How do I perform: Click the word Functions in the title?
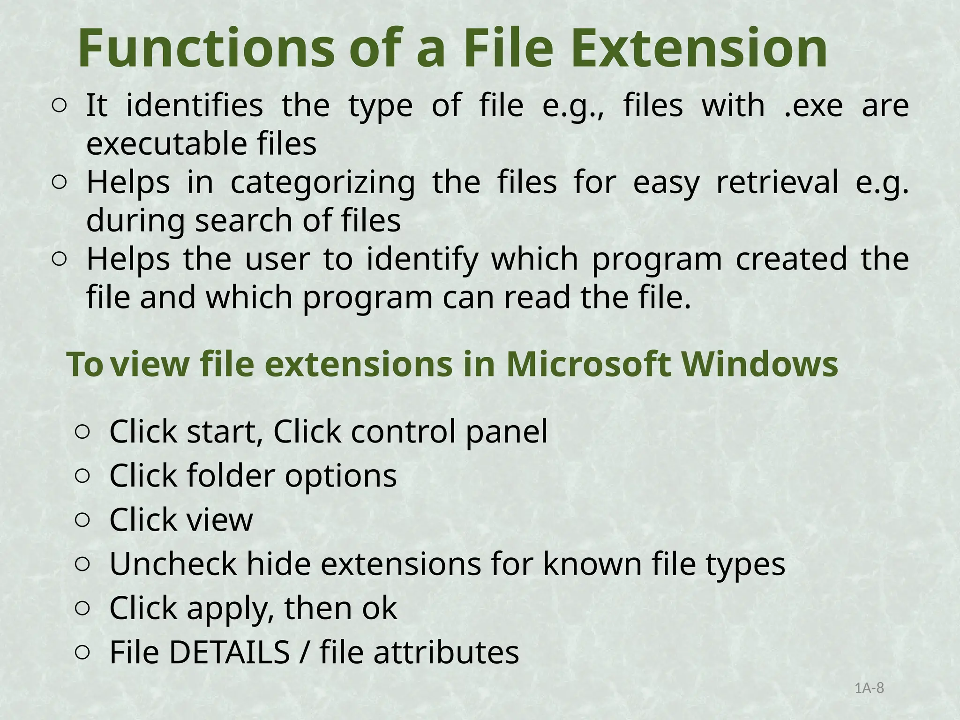(206, 48)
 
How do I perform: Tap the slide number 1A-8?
(869, 688)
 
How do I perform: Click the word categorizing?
(322, 182)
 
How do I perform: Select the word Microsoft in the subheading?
(589, 364)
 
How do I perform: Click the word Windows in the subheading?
(759, 364)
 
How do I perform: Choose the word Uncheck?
(173, 564)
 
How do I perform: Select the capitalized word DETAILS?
(229, 652)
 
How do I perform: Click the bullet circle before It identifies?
(59, 106)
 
